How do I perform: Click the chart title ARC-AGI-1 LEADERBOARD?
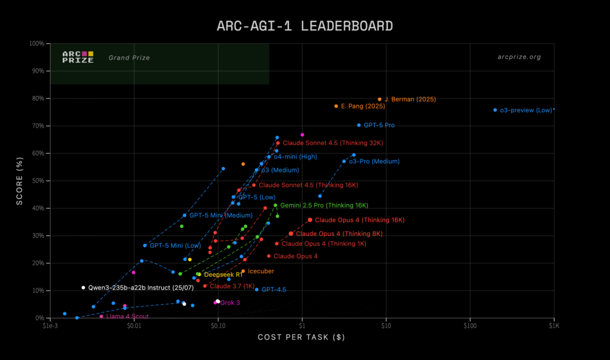tap(304, 26)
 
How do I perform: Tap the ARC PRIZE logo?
tap(78, 57)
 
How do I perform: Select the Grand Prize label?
tap(129, 58)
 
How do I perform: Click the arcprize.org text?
tap(519, 57)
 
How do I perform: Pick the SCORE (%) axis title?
tap(20, 180)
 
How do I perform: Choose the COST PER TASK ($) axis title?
tap(301, 338)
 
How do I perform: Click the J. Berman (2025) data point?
tap(379, 100)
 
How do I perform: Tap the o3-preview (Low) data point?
tap(495, 110)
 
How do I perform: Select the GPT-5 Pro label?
tap(379, 126)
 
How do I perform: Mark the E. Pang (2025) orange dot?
tap(336, 106)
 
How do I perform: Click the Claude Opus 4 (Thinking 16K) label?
tap(360, 220)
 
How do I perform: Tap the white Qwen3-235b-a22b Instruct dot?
tap(83, 287)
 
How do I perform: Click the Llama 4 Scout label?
tap(127, 316)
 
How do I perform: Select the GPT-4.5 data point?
tap(257, 289)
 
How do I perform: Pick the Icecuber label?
tap(260, 271)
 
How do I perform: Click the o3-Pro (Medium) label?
tap(374, 162)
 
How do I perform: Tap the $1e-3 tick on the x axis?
tap(50, 326)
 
